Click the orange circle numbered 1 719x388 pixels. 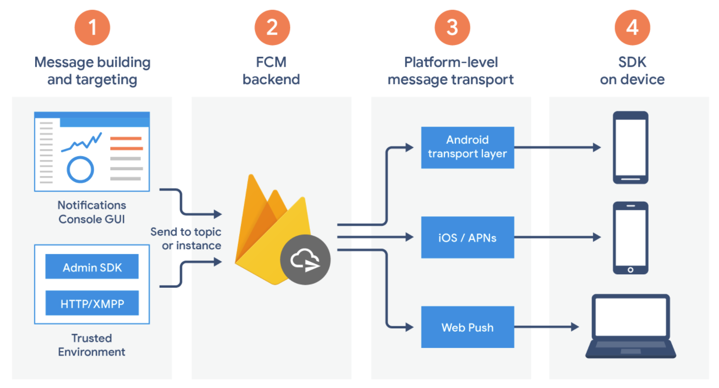point(92,27)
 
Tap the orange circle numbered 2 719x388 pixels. point(272,27)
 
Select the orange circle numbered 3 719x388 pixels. point(452,27)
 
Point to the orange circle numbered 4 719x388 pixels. point(632,27)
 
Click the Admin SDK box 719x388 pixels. point(92,267)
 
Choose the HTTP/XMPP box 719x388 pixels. point(92,303)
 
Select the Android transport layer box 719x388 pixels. point(467,147)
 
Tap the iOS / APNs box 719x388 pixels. point(467,237)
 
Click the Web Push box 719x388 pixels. point(467,327)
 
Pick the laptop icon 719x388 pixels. point(631,326)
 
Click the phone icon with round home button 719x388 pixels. point(630,238)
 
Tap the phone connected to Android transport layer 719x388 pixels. point(630,147)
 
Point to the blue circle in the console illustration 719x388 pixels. point(80,169)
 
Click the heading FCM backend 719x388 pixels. point(271,71)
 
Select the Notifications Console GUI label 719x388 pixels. point(92,212)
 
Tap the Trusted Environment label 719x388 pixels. point(91,345)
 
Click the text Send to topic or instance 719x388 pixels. point(186,238)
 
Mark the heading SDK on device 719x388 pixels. point(632,71)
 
